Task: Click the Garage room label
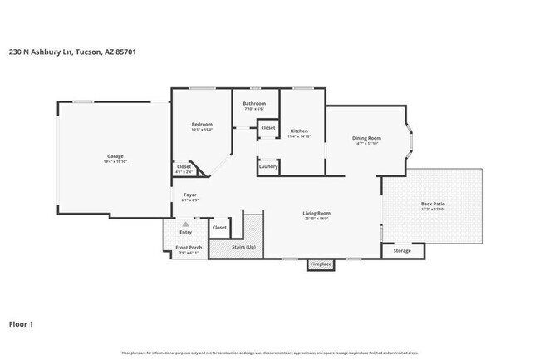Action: pos(115,156)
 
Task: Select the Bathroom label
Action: pos(254,104)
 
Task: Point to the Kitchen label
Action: pos(298,131)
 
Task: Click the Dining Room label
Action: pos(366,139)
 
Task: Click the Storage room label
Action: pos(402,250)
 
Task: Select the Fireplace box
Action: pos(321,264)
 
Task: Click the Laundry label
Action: pos(268,166)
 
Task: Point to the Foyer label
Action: pos(190,195)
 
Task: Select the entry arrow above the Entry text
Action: pos(185,224)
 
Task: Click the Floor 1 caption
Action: pos(22,323)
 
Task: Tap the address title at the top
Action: pos(72,52)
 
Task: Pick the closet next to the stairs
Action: pos(219,227)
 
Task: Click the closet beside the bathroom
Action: pos(268,128)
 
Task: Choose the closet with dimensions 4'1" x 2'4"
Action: pos(184,168)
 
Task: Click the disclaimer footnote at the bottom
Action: pos(270,353)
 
